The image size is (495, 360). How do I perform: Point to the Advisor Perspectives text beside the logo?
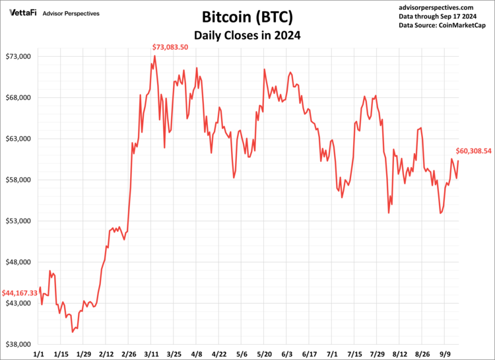coord(71,13)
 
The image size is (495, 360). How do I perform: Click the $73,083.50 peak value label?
coord(170,47)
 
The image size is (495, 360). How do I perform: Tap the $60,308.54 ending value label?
coord(474,151)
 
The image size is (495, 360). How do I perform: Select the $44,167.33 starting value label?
coord(20,293)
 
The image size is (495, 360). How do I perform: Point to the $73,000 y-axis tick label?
coord(18,57)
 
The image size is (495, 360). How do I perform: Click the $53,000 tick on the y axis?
coord(18,221)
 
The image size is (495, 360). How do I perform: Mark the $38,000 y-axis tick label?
coord(18,345)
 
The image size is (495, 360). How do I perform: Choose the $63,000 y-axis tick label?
coord(18,139)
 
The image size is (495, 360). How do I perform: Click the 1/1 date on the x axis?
coord(38,354)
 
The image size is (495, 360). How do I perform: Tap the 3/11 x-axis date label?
coord(152,354)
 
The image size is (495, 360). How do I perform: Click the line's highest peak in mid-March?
coord(154,56)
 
